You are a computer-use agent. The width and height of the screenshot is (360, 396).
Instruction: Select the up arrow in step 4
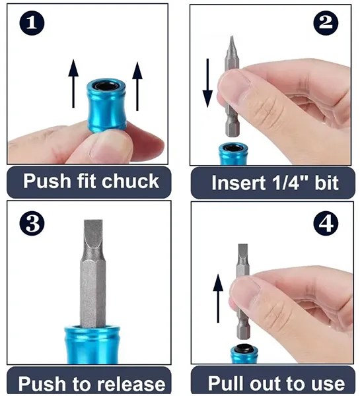pos(219,299)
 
